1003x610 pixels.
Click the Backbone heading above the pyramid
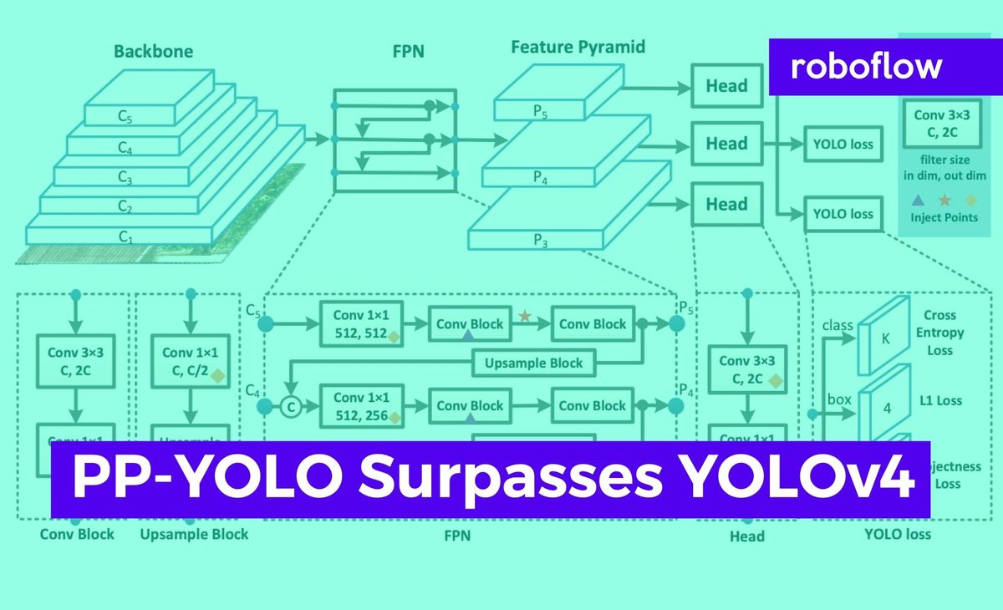(x=154, y=52)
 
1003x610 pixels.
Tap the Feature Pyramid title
(x=578, y=47)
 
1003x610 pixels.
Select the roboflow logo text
(x=866, y=66)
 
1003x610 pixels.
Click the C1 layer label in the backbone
(x=125, y=236)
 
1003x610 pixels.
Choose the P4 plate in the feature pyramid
(x=540, y=175)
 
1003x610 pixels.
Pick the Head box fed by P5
(x=726, y=86)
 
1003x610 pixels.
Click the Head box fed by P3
(x=726, y=205)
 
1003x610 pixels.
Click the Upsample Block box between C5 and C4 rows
(x=535, y=363)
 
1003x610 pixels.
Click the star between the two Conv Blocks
(x=525, y=316)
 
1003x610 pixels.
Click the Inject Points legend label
(x=944, y=217)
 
